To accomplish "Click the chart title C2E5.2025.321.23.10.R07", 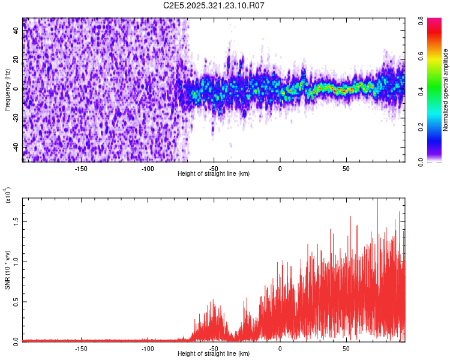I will click(214, 5).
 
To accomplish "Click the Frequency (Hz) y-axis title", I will click(7, 90).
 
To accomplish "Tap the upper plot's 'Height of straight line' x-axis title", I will click(214, 173).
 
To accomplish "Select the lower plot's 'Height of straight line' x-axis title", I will click(214, 353).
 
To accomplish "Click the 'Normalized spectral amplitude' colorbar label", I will click(445, 90).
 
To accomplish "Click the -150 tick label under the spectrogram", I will click(82, 168).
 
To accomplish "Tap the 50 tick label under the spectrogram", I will click(346, 168).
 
